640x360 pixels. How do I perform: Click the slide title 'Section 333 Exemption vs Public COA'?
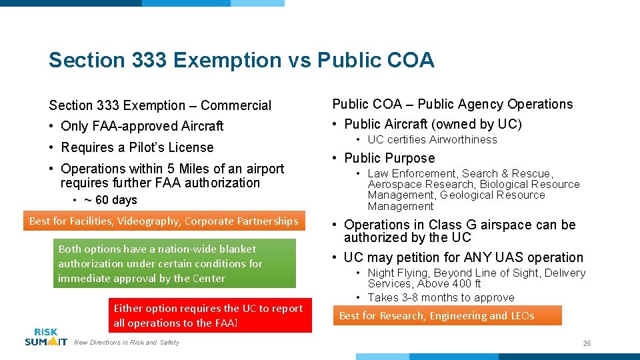[241, 60]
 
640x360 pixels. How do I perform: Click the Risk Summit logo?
[46, 337]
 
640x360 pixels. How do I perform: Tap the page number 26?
[587, 343]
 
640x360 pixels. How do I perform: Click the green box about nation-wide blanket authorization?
[175, 263]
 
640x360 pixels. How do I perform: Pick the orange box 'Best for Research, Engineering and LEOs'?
[447, 315]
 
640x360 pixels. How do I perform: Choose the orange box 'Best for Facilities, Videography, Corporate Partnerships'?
[164, 221]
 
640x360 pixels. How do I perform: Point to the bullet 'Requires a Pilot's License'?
[137, 147]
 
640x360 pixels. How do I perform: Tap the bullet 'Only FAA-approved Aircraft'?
[141, 126]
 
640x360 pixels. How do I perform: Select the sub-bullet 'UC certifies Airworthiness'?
[432, 139]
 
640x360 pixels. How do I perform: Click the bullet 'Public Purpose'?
[389, 158]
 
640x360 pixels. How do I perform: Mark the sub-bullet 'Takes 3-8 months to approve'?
[441, 297]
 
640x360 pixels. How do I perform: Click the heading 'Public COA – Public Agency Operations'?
[453, 104]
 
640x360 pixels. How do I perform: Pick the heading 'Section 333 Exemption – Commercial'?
[160, 105]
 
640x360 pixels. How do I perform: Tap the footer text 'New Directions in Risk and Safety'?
[126, 343]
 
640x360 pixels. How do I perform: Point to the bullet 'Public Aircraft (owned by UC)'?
[433, 124]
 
